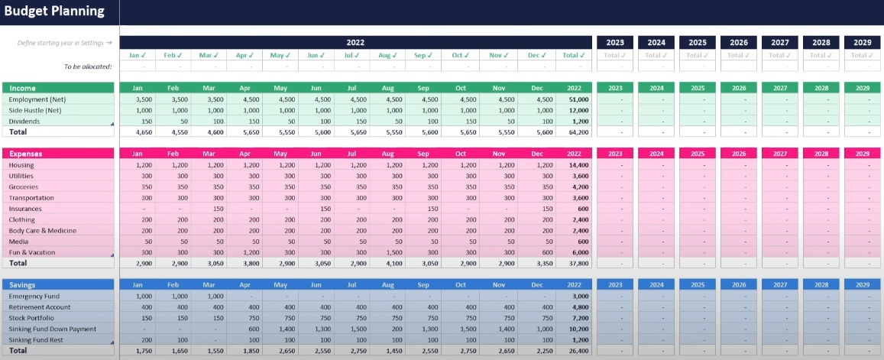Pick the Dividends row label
click(x=24, y=122)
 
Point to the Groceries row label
click(x=24, y=186)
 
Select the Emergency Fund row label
click(x=34, y=296)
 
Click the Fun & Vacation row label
click(x=32, y=252)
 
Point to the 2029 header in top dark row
click(x=862, y=43)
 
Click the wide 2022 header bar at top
click(x=355, y=43)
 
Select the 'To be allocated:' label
click(x=88, y=66)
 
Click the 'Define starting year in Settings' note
click(x=65, y=43)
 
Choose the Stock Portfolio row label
click(x=31, y=317)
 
